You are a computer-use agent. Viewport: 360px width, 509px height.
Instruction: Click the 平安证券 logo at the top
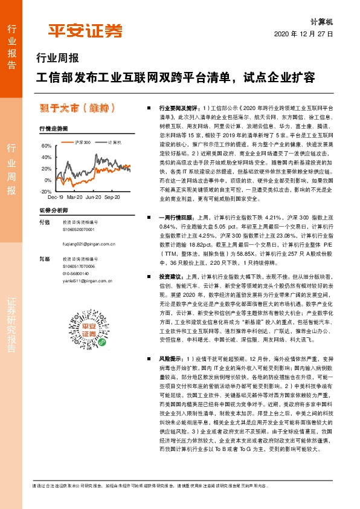point(85,31)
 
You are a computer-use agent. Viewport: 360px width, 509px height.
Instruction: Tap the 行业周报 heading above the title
point(58,59)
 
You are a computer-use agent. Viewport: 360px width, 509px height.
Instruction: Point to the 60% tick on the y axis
point(47,146)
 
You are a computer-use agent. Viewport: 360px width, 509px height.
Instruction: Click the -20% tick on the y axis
point(45,191)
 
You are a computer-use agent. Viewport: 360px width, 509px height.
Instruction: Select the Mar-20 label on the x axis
point(75,198)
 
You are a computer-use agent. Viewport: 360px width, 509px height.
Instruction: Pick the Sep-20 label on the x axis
point(112,198)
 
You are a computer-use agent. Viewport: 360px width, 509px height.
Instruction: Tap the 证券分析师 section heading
point(53,210)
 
